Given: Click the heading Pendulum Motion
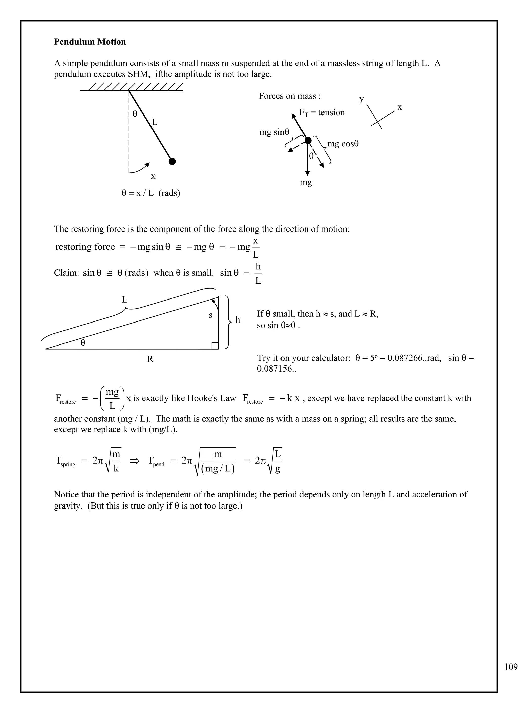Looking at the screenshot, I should [x=90, y=42].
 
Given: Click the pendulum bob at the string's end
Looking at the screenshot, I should [x=172, y=161].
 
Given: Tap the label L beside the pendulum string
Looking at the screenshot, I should [x=155, y=122].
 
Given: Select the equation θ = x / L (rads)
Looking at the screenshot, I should [x=151, y=193].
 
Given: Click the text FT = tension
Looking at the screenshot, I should [x=322, y=112].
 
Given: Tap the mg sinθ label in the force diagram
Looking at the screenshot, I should [x=274, y=132].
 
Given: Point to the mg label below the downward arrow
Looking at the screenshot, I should [x=306, y=182].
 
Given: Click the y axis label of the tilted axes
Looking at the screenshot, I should [x=362, y=99].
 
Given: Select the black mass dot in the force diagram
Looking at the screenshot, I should [x=308, y=140].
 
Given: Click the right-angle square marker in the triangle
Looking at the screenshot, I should [x=215, y=346].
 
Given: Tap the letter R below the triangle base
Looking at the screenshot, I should [x=150, y=359].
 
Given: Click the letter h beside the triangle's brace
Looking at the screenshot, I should [x=238, y=320].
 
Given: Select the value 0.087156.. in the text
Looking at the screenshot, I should [x=276, y=369].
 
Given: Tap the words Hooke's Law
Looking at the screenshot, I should [x=212, y=398].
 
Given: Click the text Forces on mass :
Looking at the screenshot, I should [x=290, y=96].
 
